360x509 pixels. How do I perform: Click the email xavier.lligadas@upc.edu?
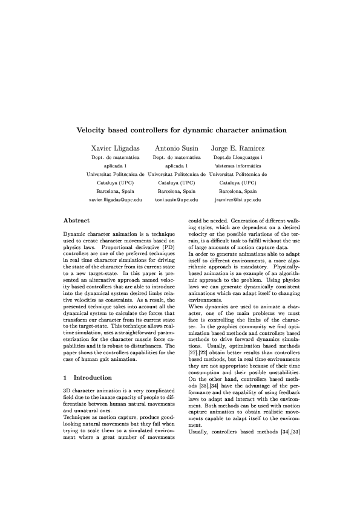115,199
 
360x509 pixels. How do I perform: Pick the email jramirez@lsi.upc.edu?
238,199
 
